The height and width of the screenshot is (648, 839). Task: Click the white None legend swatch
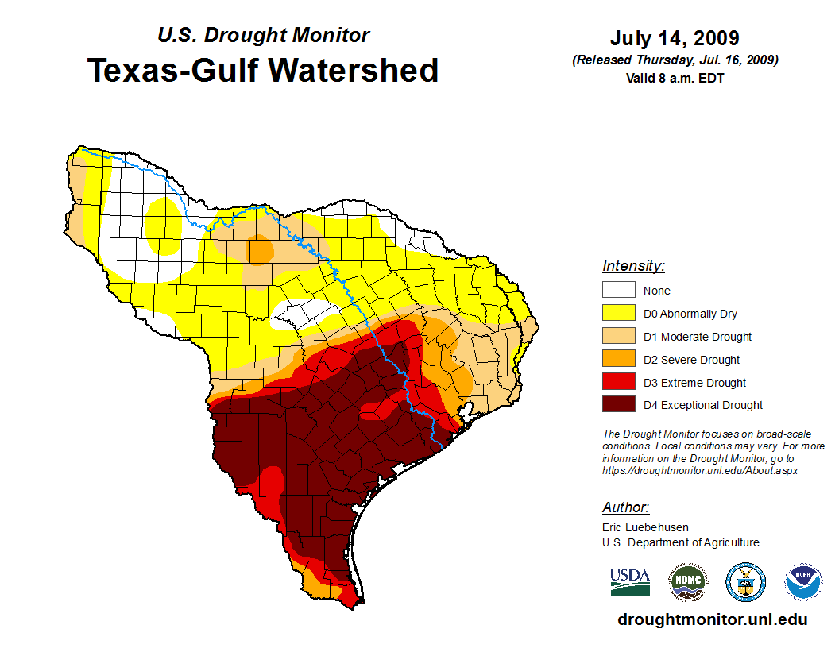618,291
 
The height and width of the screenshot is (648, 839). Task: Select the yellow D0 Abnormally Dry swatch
618,314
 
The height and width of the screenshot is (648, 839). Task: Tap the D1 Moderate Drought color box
618,337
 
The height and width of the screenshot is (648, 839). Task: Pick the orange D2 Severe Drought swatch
618,360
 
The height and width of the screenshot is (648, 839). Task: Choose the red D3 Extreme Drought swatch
618,383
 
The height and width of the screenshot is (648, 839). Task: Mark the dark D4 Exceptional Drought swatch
618,405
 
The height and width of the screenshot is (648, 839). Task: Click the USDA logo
630,582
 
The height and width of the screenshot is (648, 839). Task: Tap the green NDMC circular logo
687,583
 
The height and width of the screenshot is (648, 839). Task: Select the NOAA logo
803,583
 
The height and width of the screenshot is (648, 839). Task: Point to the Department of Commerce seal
745,583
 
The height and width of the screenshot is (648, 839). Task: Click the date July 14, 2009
675,38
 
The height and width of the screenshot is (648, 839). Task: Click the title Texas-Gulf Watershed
263,70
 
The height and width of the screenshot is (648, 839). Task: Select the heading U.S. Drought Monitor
263,35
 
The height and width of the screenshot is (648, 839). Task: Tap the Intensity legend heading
633,266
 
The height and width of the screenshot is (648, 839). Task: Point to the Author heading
625,507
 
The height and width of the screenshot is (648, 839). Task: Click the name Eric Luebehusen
645,527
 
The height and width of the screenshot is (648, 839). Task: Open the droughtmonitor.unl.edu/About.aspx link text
699,470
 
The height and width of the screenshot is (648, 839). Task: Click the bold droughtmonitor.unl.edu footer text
712,620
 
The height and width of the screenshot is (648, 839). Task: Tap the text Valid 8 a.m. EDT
675,78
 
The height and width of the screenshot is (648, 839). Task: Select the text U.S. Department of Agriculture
680,542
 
